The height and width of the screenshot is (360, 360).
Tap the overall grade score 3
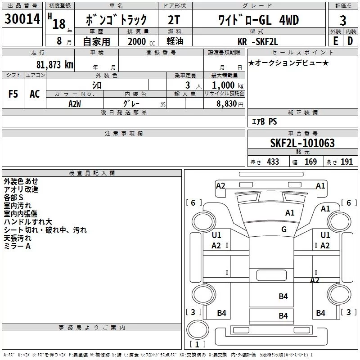coord(343,20)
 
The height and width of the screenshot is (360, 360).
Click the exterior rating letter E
coord(335,40)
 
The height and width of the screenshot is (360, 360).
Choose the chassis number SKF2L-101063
coord(302,144)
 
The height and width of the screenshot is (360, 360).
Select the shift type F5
coord(13,94)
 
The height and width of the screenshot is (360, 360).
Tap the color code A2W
coord(75,103)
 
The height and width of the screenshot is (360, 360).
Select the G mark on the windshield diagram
coord(284,229)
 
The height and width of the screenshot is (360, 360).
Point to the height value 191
coord(346,162)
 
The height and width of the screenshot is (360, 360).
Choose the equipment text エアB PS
coord(264,122)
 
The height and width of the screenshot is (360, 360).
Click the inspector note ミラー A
coord(17,246)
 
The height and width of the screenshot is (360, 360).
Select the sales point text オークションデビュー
coord(288,63)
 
